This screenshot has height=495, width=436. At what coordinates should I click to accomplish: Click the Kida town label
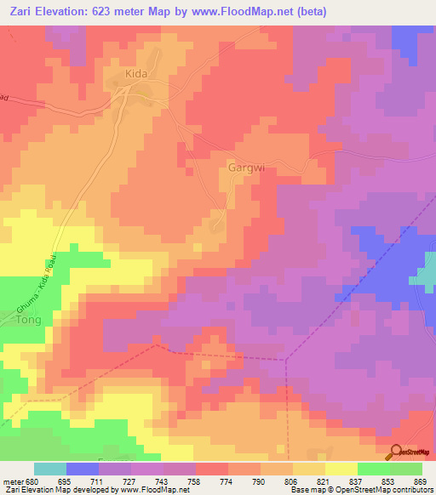pyautogui.click(x=136, y=75)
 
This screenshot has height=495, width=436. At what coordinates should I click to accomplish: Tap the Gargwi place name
pyautogui.click(x=247, y=168)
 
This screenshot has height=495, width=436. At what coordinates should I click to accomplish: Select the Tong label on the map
pyautogui.click(x=29, y=321)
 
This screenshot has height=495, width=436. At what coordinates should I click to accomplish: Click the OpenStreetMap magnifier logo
pyautogui.click(x=396, y=452)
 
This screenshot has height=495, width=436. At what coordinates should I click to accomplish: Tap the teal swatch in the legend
pyautogui.click(x=50, y=469)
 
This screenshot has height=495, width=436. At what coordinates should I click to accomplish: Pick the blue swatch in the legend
pyautogui.click(x=83, y=469)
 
